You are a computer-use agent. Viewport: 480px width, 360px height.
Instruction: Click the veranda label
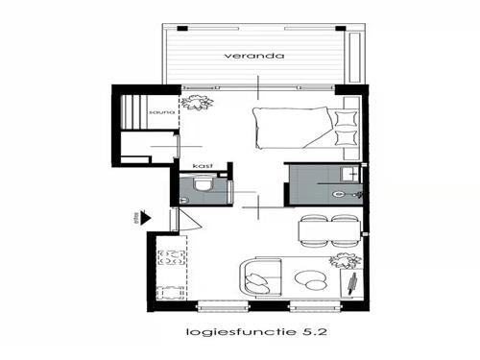click(255, 56)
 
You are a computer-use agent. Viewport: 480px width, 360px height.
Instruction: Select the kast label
click(202, 166)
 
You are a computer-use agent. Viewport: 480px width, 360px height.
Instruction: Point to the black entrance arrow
click(144, 216)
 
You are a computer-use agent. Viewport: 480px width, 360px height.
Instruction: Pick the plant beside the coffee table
click(342, 261)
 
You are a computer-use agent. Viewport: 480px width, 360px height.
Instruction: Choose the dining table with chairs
click(329, 230)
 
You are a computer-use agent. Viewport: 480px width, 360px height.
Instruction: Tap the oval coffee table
click(310, 280)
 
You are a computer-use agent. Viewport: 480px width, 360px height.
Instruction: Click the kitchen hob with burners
click(173, 257)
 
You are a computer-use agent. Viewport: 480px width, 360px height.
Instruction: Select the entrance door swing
click(189, 220)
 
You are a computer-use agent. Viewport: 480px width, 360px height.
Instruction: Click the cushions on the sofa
click(258, 281)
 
